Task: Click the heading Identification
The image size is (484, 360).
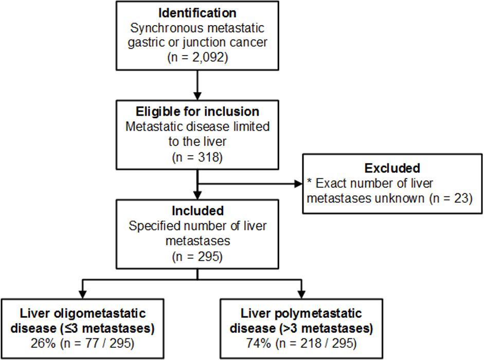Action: [197, 13]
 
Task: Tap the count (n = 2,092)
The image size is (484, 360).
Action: [198, 58]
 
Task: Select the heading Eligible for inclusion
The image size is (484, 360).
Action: [198, 112]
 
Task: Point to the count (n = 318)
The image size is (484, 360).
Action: [197, 157]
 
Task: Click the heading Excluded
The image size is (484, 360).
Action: [392, 168]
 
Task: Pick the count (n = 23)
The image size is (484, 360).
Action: [451, 198]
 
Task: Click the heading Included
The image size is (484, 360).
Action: [198, 211]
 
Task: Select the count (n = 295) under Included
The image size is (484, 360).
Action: [197, 257]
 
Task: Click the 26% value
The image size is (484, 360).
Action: [43, 344]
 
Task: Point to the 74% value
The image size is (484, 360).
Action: [258, 344]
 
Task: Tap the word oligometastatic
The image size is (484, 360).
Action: [100, 314]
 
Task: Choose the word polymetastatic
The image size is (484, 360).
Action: [318, 314]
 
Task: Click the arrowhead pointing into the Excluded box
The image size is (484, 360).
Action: [298, 184]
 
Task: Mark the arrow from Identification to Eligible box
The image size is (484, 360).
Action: [197, 85]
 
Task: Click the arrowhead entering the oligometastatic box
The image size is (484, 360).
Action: [82, 295]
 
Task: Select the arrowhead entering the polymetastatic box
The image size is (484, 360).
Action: [301, 295]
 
